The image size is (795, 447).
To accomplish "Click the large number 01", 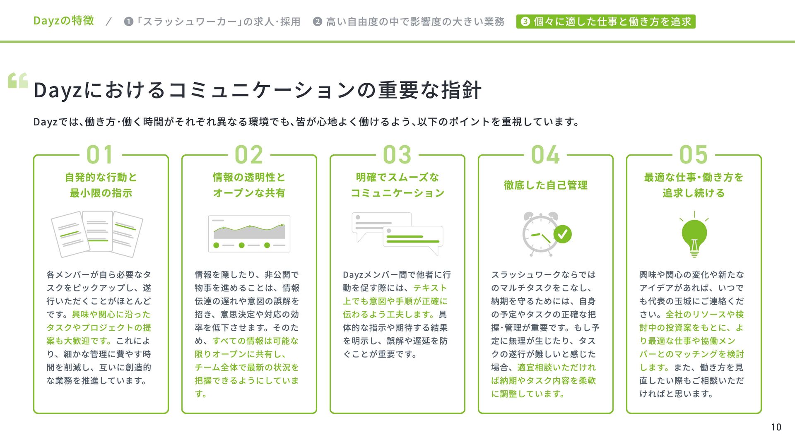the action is pyautogui.click(x=100, y=155).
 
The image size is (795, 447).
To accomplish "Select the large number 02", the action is pyautogui.click(x=248, y=155).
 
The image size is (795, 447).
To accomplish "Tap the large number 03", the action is pyautogui.click(x=397, y=155).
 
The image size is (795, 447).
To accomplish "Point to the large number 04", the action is pyautogui.click(x=545, y=155).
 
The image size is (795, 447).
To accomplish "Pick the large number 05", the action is pyautogui.click(x=694, y=155).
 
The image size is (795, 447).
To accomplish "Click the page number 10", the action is pyautogui.click(x=776, y=427).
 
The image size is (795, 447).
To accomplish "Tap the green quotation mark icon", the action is pyautogui.click(x=18, y=81).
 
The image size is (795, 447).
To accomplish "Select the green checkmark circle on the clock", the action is pyautogui.click(x=562, y=234).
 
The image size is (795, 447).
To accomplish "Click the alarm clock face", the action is pyautogui.click(x=540, y=235).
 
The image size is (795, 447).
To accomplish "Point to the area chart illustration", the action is pyautogui.click(x=249, y=233).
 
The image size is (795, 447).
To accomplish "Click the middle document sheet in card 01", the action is pyautogui.click(x=97, y=231).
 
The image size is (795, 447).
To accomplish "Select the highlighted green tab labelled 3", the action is pyautogui.click(x=605, y=22).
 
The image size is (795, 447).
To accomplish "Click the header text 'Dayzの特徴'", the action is pyautogui.click(x=64, y=21).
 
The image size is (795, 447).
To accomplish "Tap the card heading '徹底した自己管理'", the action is pyautogui.click(x=545, y=185).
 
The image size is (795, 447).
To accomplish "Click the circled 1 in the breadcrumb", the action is pyautogui.click(x=129, y=22).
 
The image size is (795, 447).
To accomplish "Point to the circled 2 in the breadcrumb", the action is pyautogui.click(x=318, y=22).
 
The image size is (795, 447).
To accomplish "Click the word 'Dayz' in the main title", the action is pyautogui.click(x=58, y=90).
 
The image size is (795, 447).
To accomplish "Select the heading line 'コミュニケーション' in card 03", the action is pyautogui.click(x=397, y=193).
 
